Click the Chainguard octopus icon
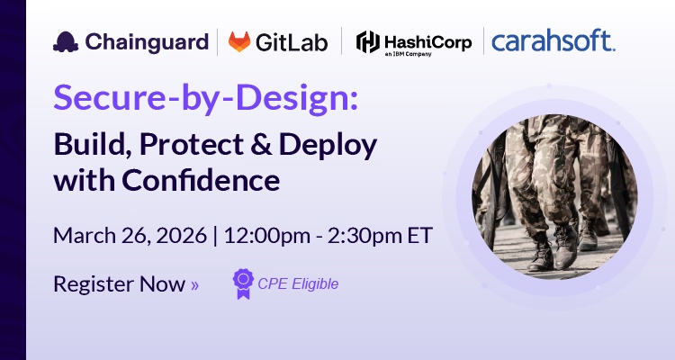coord(65,41)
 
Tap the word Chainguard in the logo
coord(144,41)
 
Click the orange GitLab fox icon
coord(239,41)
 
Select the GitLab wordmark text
coord(292,41)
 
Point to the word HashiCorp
coord(428,39)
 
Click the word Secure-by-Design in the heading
coord(205,99)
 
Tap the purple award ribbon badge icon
coord(243,283)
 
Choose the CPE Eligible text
coord(298,283)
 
